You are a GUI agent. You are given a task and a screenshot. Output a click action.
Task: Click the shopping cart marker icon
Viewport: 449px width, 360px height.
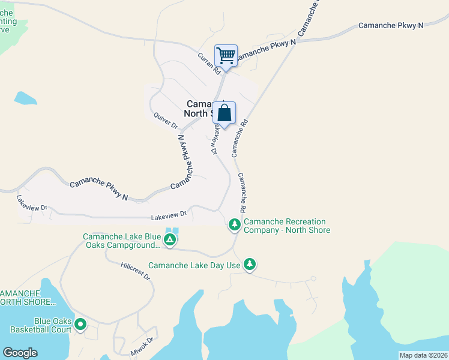pyautogui.click(x=226, y=56)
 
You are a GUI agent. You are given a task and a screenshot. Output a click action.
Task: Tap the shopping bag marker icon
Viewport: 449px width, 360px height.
pyautogui.click(x=224, y=113)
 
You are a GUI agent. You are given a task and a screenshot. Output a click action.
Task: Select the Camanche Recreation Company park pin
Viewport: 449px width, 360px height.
pyautogui.click(x=234, y=225)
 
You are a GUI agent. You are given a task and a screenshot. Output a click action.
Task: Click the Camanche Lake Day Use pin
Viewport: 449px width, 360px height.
pyautogui.click(x=250, y=264)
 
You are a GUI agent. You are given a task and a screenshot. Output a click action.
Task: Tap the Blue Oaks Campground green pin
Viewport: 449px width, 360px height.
pyautogui.click(x=170, y=240)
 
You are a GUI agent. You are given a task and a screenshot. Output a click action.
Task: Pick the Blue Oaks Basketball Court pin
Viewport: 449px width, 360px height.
pyautogui.click(x=80, y=325)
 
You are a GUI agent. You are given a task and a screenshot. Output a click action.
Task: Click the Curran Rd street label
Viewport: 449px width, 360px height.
pyautogui.click(x=209, y=62)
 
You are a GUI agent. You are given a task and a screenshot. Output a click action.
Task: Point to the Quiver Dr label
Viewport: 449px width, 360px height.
pyautogui.click(x=166, y=121)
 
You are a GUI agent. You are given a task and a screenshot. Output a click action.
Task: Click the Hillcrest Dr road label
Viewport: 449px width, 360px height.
pyautogui.click(x=135, y=271)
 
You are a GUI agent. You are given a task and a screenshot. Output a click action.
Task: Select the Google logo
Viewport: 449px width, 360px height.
pyautogui.click(x=20, y=353)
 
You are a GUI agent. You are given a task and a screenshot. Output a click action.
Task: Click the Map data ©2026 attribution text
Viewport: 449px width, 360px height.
pyautogui.click(x=423, y=355)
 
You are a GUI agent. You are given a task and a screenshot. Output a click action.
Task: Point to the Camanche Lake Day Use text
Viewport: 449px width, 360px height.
pyautogui.click(x=194, y=265)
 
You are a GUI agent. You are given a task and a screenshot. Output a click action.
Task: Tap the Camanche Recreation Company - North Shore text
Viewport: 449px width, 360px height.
pyautogui.click(x=286, y=226)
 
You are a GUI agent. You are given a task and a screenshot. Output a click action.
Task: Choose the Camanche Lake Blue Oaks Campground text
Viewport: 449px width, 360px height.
pyautogui.click(x=122, y=241)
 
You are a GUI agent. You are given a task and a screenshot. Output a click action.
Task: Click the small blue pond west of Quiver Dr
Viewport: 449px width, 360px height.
pyautogui.click(x=25, y=98)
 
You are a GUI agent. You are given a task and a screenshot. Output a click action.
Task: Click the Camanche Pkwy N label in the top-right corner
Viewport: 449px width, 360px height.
pyautogui.click(x=391, y=25)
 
